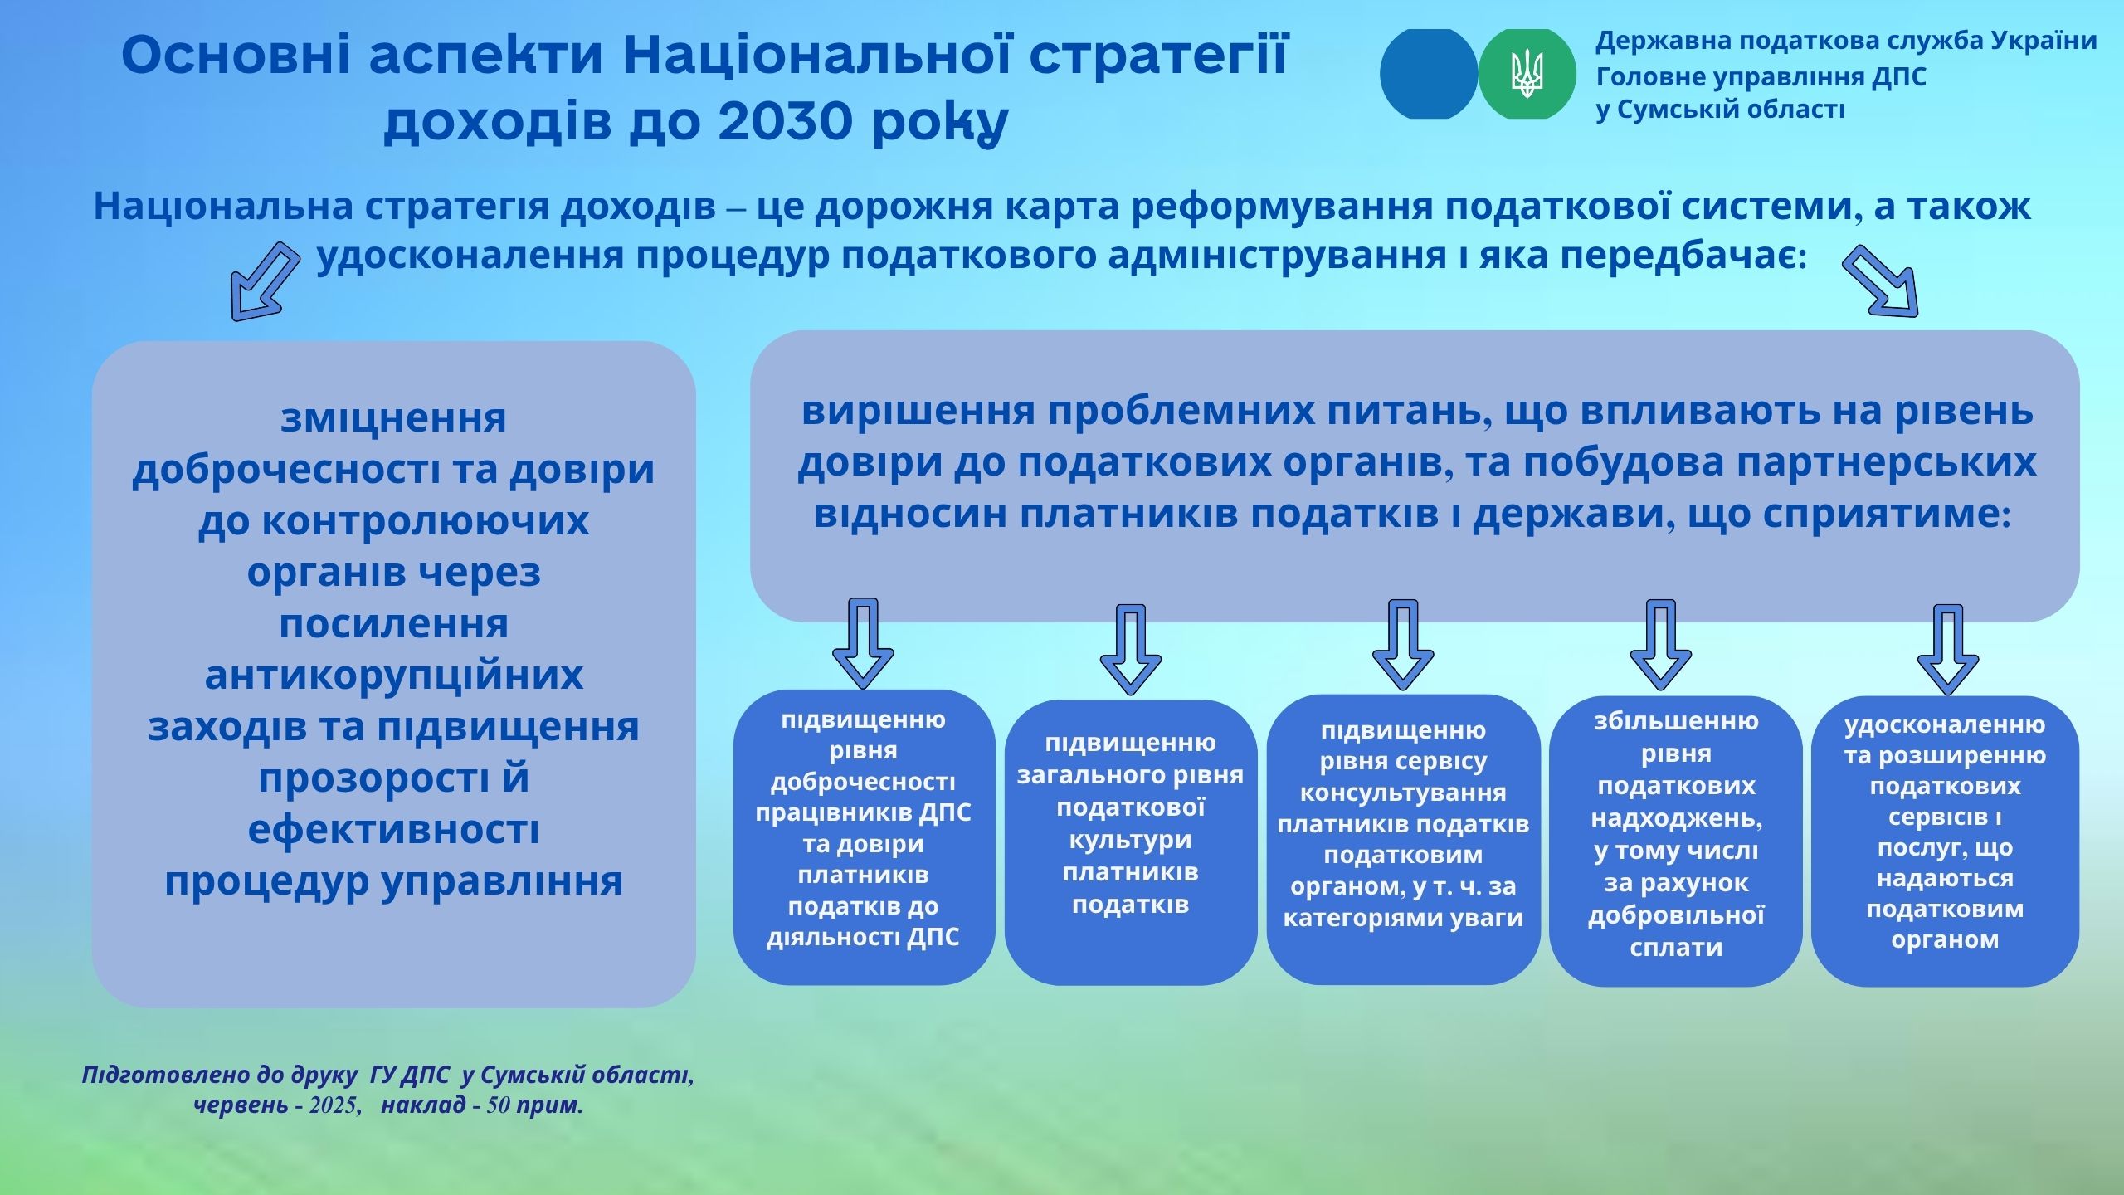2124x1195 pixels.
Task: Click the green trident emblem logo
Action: coord(1527,74)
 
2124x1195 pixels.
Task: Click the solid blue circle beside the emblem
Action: coord(1429,74)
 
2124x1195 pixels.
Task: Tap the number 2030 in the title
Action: coord(784,121)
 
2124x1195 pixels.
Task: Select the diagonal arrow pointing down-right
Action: coord(1880,280)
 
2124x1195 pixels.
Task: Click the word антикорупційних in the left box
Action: coord(394,675)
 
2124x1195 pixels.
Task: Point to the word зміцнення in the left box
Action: coord(393,418)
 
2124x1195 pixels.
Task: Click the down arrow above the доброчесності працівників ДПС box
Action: coord(863,643)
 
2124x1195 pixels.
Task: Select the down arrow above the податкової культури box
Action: coord(1130,649)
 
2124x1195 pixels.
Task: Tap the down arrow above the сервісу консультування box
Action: coord(1403,644)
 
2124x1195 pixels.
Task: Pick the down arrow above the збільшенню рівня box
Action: coord(1660,644)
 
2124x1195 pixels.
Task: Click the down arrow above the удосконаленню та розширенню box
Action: coord(1947,649)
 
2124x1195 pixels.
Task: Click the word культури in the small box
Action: coord(1130,840)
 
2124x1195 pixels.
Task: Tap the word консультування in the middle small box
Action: coord(1403,793)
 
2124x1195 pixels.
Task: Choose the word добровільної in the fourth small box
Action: coord(1676,915)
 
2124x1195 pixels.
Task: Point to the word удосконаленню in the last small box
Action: coord(1945,725)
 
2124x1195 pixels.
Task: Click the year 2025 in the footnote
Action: coord(334,1106)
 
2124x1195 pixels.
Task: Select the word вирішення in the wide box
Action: coord(918,412)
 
